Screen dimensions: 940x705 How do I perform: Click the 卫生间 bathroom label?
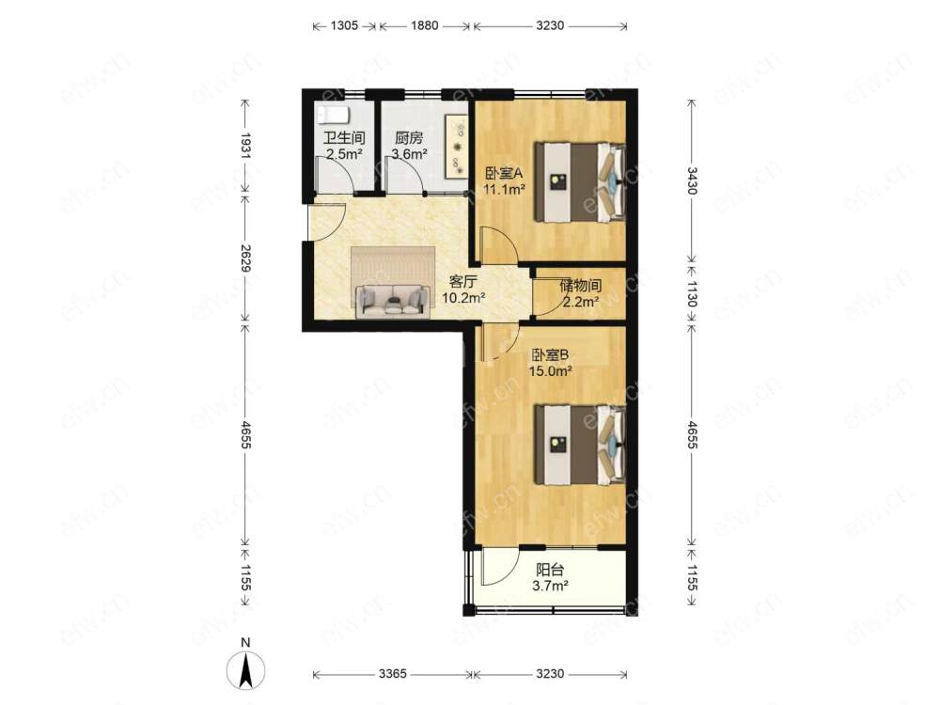pyautogui.click(x=344, y=138)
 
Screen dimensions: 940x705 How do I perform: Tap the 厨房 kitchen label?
pyautogui.click(x=409, y=138)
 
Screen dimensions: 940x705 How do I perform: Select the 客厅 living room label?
pyautogui.click(x=462, y=281)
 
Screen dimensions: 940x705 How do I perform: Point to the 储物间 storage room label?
pyautogui.click(x=580, y=286)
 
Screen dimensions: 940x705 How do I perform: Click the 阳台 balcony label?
pyautogui.click(x=550, y=570)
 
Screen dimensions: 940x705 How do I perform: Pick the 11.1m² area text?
pyautogui.click(x=505, y=189)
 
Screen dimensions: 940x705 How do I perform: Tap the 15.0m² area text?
pyautogui.click(x=550, y=371)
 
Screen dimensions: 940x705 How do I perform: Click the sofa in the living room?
pyautogui.click(x=393, y=301)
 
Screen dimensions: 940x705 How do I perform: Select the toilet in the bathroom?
pyautogui.click(x=332, y=114)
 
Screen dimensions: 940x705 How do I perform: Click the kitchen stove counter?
pyautogui.click(x=456, y=147)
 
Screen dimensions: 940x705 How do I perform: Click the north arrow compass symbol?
pyautogui.click(x=245, y=667)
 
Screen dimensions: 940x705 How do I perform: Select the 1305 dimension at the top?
pyautogui.click(x=344, y=25)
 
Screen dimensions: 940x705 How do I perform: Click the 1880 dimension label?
pyautogui.click(x=425, y=25)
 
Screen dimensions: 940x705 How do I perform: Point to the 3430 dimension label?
pyautogui.click(x=692, y=180)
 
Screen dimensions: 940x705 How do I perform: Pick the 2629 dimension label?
pyautogui.click(x=245, y=258)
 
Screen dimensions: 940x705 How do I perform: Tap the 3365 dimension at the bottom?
pyautogui.click(x=393, y=674)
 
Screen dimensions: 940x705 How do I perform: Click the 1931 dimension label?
pyautogui.click(x=245, y=146)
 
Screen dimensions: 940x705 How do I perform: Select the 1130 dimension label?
pyautogui.click(x=692, y=293)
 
